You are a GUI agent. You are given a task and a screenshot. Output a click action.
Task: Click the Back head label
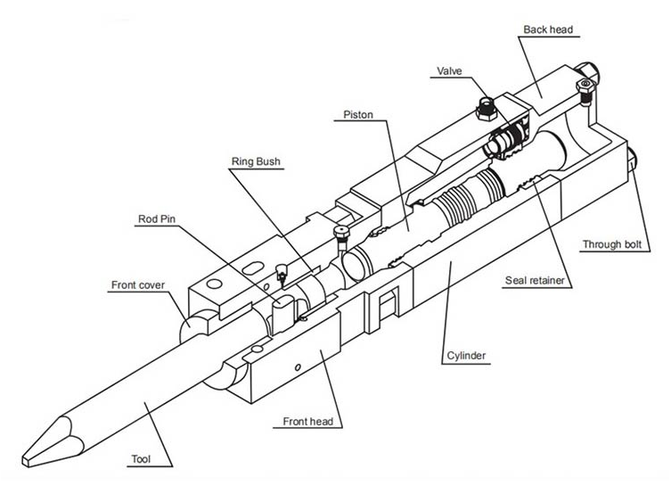550,29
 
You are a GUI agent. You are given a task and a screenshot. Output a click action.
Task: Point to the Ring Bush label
256,161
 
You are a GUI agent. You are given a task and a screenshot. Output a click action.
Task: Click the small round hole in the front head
300,364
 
